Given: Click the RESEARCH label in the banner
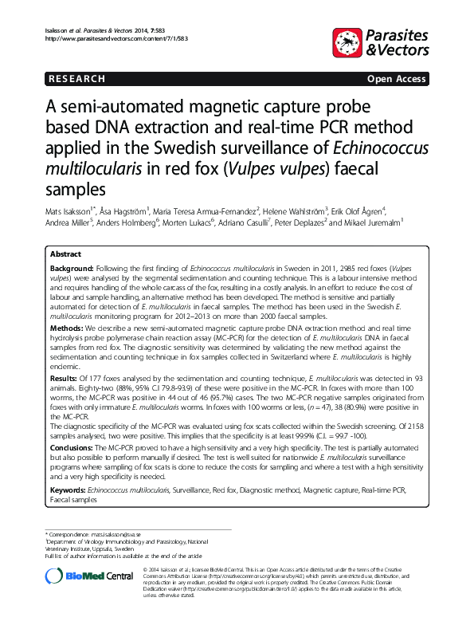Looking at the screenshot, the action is tap(76, 79).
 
